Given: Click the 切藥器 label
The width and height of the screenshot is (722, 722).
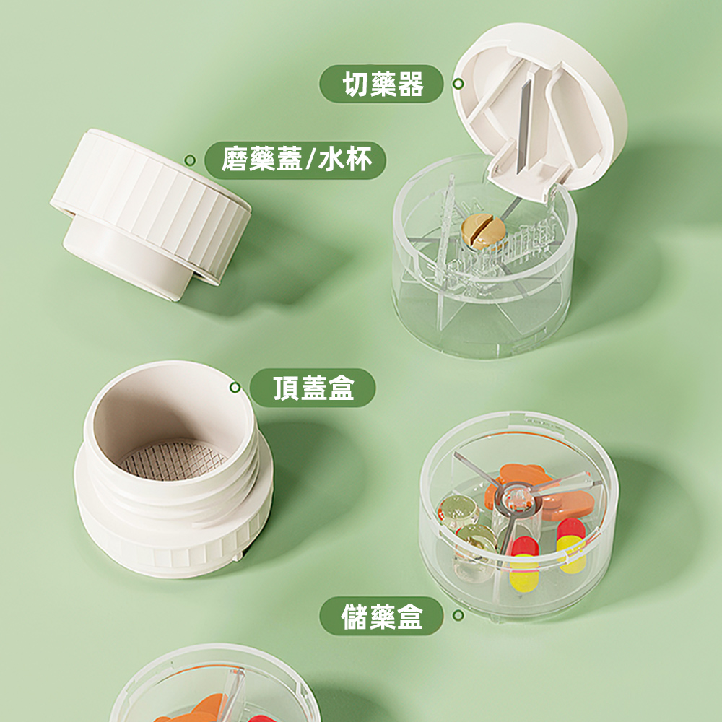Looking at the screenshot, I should (x=382, y=84).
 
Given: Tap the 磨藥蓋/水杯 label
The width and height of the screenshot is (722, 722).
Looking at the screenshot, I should (x=296, y=159).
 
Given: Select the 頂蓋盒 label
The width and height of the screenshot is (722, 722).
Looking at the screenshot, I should (x=313, y=388).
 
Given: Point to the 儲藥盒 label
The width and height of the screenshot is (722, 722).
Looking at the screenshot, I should (x=382, y=617).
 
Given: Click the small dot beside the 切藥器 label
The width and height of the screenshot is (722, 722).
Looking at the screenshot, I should (x=457, y=84).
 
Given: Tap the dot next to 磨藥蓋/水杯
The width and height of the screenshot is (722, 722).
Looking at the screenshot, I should (x=189, y=160).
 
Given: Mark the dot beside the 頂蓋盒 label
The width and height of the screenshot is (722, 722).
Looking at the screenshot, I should (x=235, y=388).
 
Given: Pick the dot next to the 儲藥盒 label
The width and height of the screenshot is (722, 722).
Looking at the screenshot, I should (x=457, y=616).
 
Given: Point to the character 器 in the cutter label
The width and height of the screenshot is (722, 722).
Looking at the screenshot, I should (x=410, y=84).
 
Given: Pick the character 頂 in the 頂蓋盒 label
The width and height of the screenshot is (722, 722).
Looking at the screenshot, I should (x=287, y=388).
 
